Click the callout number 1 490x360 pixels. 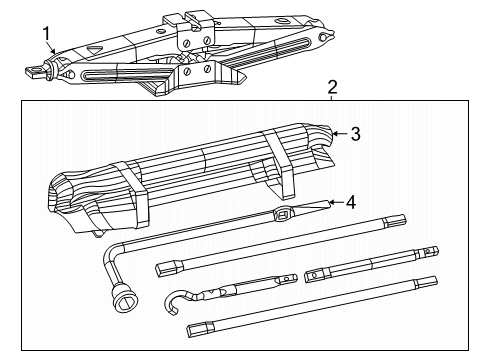coord(46,36)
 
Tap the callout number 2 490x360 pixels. coord(331,88)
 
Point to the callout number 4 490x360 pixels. coord(350,201)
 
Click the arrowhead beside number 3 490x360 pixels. coord(338,132)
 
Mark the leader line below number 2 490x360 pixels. coord(331,98)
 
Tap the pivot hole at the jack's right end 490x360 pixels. coord(326,38)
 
